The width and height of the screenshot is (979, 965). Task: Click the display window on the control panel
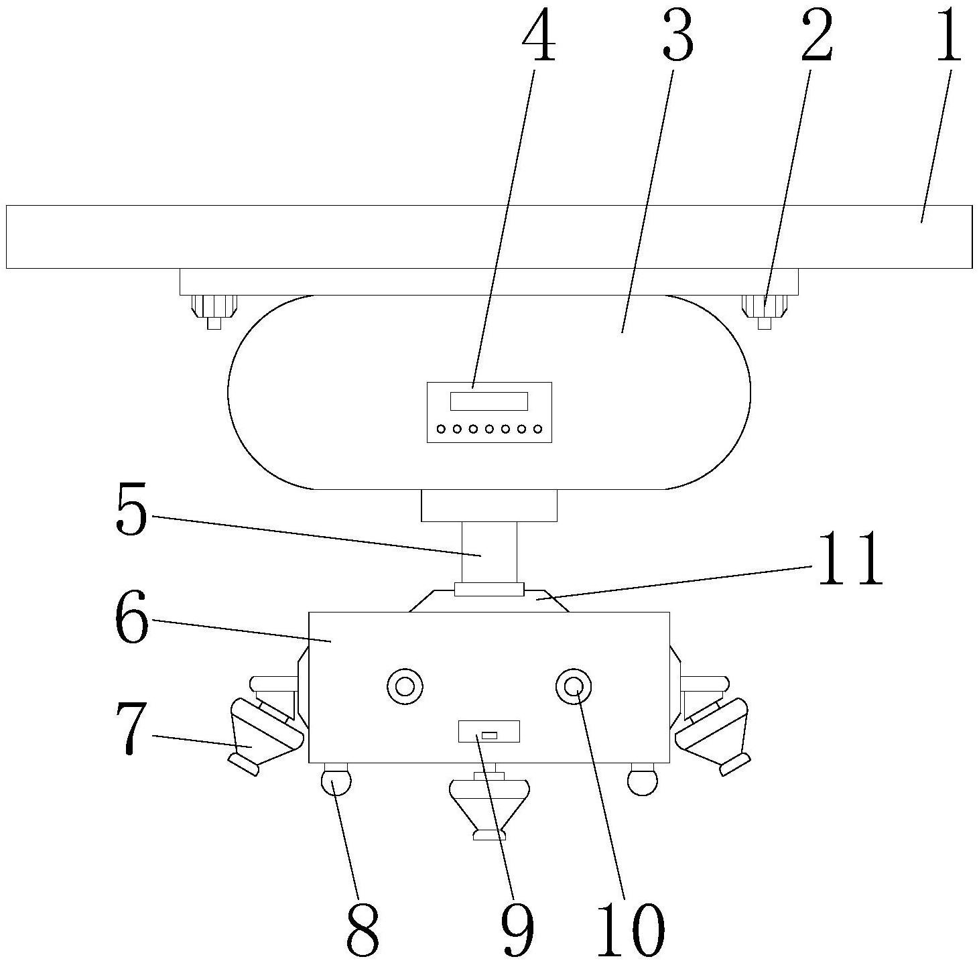click(x=488, y=401)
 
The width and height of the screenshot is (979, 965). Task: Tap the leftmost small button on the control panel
click(x=441, y=430)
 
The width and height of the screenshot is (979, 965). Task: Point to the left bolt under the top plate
click(x=214, y=312)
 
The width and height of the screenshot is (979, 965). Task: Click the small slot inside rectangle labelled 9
click(x=489, y=735)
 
